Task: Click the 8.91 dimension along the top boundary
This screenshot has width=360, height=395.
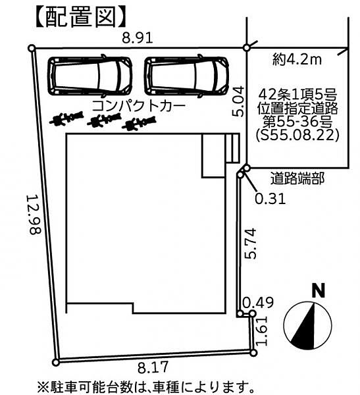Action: [138, 38]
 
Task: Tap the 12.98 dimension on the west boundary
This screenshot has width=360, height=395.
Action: [34, 215]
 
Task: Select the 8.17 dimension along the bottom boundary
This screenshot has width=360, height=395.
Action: [153, 367]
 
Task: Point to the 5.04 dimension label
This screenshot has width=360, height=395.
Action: [238, 101]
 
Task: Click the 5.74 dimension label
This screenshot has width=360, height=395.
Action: [250, 244]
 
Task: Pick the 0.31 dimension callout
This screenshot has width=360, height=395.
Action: [270, 199]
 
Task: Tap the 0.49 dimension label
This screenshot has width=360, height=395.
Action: [258, 303]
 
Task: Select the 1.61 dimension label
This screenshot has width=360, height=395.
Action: [261, 331]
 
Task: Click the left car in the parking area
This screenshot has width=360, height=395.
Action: [90, 76]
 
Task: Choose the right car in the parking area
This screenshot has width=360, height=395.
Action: [186, 76]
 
